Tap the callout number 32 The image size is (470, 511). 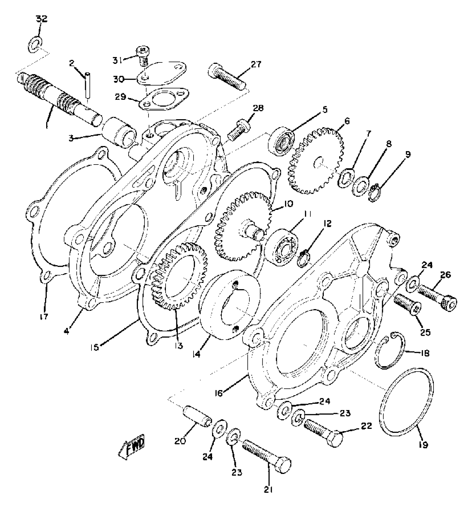pos(41,19)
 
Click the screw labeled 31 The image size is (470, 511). pos(142,57)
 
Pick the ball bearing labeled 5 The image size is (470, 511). pos(281,143)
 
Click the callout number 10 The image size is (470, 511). pos(287,204)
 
